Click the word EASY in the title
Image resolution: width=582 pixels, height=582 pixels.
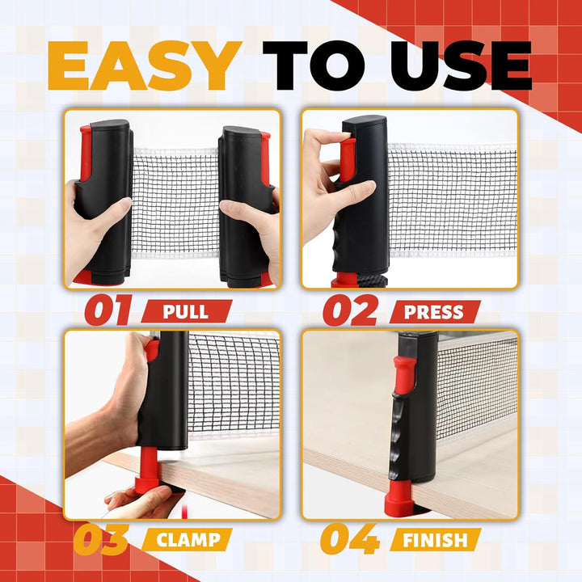pos(145,65)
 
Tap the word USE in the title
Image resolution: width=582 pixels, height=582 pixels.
pos(461,65)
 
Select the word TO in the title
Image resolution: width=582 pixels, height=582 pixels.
pos(314,65)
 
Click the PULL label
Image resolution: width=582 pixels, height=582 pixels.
pos(186,311)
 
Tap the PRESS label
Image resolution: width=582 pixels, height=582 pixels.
pos(434,312)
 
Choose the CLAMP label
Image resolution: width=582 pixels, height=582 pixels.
pos(188,540)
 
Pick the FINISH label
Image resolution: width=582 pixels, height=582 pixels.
pos(435,540)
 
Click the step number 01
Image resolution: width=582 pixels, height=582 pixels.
pos(108,310)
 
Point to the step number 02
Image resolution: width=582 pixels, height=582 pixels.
pos(350,310)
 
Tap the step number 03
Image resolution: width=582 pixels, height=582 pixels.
pos(101,538)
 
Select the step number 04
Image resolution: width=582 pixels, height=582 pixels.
pos(350,538)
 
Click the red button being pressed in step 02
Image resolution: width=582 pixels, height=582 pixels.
pos(347,160)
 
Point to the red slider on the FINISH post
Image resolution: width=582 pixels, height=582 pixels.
pos(405,376)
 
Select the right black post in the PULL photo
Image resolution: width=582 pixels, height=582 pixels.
pos(245,207)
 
